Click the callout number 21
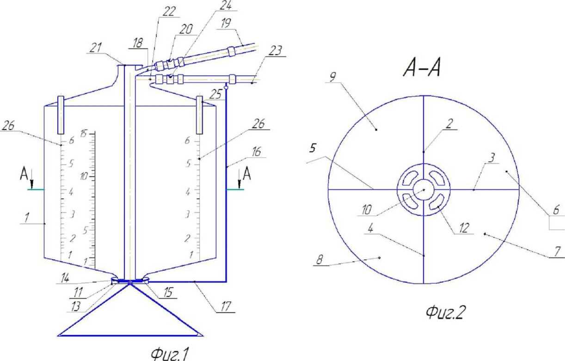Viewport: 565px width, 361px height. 96,48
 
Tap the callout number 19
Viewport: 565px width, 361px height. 226,23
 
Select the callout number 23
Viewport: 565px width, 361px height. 275,51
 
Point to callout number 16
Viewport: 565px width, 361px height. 256,152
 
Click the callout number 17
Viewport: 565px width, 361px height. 226,307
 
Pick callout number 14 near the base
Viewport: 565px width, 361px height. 65,278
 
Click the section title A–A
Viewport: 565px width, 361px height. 422,68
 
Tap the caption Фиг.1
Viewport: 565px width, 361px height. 170,354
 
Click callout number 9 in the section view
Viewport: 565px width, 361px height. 333,77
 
